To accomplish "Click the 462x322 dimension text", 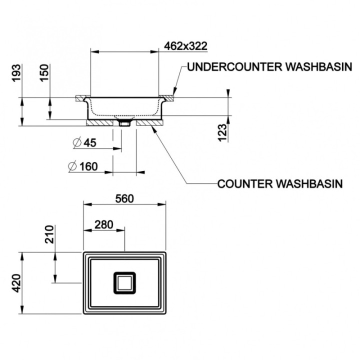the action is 185,46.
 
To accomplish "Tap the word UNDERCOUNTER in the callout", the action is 234,67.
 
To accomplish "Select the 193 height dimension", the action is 16,73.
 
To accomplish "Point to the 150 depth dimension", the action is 44,73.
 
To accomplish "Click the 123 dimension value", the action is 222,132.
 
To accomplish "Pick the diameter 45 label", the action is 84,143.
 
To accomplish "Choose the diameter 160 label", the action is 83,166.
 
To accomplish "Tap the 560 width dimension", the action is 124,199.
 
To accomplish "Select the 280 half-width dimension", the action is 104,225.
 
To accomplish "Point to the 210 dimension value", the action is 49,234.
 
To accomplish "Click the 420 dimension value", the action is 16,283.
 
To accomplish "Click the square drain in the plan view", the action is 124,283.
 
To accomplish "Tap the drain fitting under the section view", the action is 124,123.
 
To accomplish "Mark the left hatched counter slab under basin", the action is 99,123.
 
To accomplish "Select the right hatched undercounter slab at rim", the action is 166,98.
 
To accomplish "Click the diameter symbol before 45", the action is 77,142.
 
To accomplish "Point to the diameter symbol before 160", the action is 72,166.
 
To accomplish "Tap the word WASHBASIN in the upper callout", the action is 318,67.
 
